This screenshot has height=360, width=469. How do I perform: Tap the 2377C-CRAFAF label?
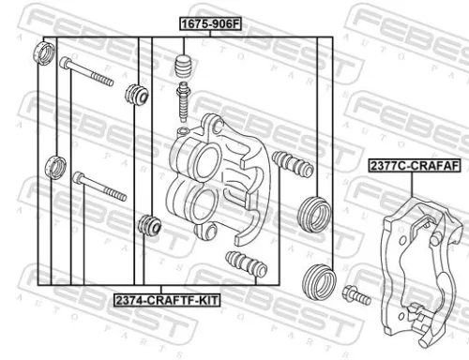413,166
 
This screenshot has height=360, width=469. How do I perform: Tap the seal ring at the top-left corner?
43,52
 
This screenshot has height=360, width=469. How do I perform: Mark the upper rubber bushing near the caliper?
136,94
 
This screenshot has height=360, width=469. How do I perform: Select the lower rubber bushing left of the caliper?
146,226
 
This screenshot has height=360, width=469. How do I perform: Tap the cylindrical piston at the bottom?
319,280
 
